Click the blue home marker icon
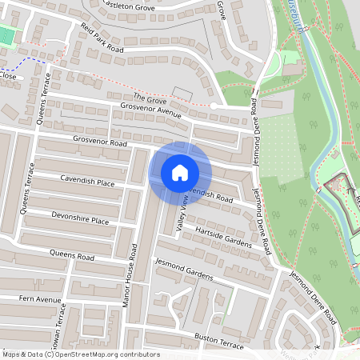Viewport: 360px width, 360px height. [x=180, y=172]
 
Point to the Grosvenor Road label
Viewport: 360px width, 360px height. [x=101, y=142]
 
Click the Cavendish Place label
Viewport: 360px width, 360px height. [x=87, y=181]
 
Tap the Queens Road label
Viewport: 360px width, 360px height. [x=71, y=256]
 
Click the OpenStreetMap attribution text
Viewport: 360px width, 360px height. [x=81, y=354]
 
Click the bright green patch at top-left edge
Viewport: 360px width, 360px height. [x=6, y=35]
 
